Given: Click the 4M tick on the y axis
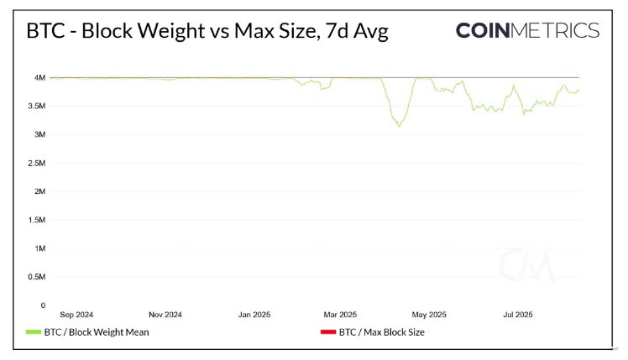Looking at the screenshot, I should click(x=39, y=78).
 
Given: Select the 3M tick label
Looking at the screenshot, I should click(x=39, y=135).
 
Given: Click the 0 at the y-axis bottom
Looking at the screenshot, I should click(x=42, y=305).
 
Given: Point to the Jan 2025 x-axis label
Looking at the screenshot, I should click(x=254, y=315).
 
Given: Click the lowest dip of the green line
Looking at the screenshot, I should click(x=399, y=126).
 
